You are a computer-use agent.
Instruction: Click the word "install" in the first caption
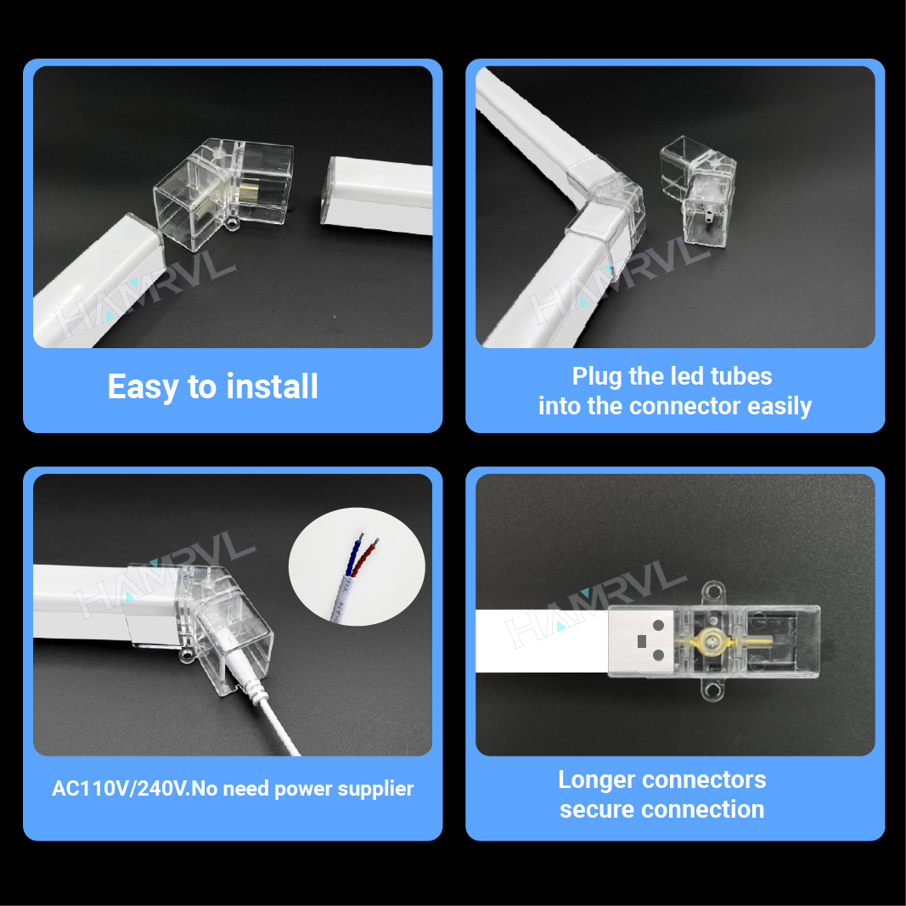[x=272, y=386]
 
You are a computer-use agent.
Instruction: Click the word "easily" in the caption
[x=779, y=406]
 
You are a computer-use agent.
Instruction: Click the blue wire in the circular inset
[x=352, y=556]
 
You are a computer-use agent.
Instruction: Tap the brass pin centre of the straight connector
[x=711, y=640]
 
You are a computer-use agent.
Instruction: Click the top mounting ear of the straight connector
[x=712, y=593]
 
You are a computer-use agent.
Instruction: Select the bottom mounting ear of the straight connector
[x=712, y=689]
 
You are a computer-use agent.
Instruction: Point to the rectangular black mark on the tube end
[x=641, y=641]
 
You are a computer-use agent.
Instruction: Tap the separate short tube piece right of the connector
[x=376, y=194]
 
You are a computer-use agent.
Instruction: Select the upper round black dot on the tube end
[x=658, y=625]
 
